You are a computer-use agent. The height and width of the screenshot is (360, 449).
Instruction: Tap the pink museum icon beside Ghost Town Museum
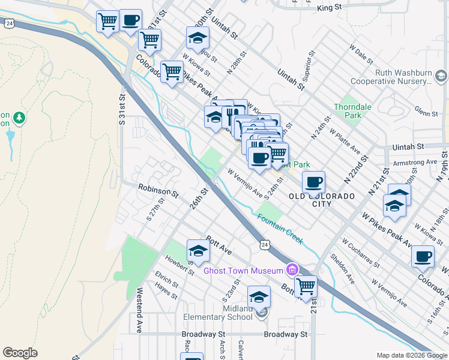[x=292, y=268]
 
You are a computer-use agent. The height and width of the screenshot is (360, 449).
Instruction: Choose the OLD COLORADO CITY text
[x=318, y=200]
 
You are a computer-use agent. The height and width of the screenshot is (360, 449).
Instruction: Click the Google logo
[x=20, y=353]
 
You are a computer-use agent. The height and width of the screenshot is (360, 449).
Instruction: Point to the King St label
[x=329, y=7]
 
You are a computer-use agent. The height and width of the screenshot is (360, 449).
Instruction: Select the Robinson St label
[x=158, y=191]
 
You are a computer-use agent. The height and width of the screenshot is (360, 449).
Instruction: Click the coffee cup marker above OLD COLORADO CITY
[x=313, y=182]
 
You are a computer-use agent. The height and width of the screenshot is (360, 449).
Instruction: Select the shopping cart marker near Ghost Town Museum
[x=306, y=286]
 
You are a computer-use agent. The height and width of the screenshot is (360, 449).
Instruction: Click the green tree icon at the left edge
[x=20, y=118]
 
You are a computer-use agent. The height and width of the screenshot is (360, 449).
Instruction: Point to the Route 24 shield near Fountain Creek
[x=264, y=244]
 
